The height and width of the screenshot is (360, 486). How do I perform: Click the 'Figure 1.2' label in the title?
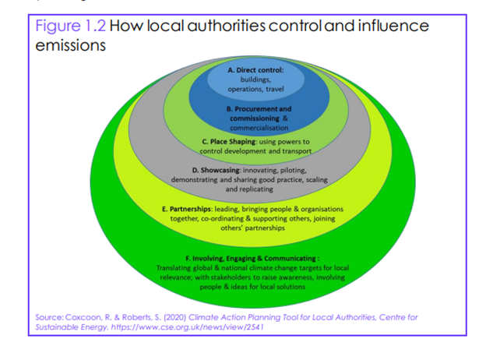coord(71,26)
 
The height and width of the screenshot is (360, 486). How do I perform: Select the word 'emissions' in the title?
coord(70,45)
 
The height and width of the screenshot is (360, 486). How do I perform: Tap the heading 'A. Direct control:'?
coord(255,70)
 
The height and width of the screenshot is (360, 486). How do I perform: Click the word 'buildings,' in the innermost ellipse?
coord(255,79)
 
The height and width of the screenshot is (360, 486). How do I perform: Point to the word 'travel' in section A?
coord(275,89)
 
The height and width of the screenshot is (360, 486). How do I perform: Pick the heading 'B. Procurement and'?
coord(259,109)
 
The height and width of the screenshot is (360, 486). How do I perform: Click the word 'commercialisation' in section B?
coord(259,128)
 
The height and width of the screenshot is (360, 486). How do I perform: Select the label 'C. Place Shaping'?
coord(229,142)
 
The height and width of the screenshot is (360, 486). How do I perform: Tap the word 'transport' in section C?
coord(297,151)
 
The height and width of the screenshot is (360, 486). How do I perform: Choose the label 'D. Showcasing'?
coord(216,170)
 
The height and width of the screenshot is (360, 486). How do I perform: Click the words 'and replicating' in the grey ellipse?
coord(249,189)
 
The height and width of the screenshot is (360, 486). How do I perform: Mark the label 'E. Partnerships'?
coord(187,209)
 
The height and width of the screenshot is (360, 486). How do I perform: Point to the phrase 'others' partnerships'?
coord(252,228)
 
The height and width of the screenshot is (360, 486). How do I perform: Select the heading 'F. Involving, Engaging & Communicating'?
coord(251,258)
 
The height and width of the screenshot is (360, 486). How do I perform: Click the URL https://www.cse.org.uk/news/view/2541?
coord(187,327)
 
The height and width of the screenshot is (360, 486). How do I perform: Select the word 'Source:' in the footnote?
coord(50,317)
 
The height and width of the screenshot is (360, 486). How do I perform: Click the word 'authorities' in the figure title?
coord(227,26)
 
